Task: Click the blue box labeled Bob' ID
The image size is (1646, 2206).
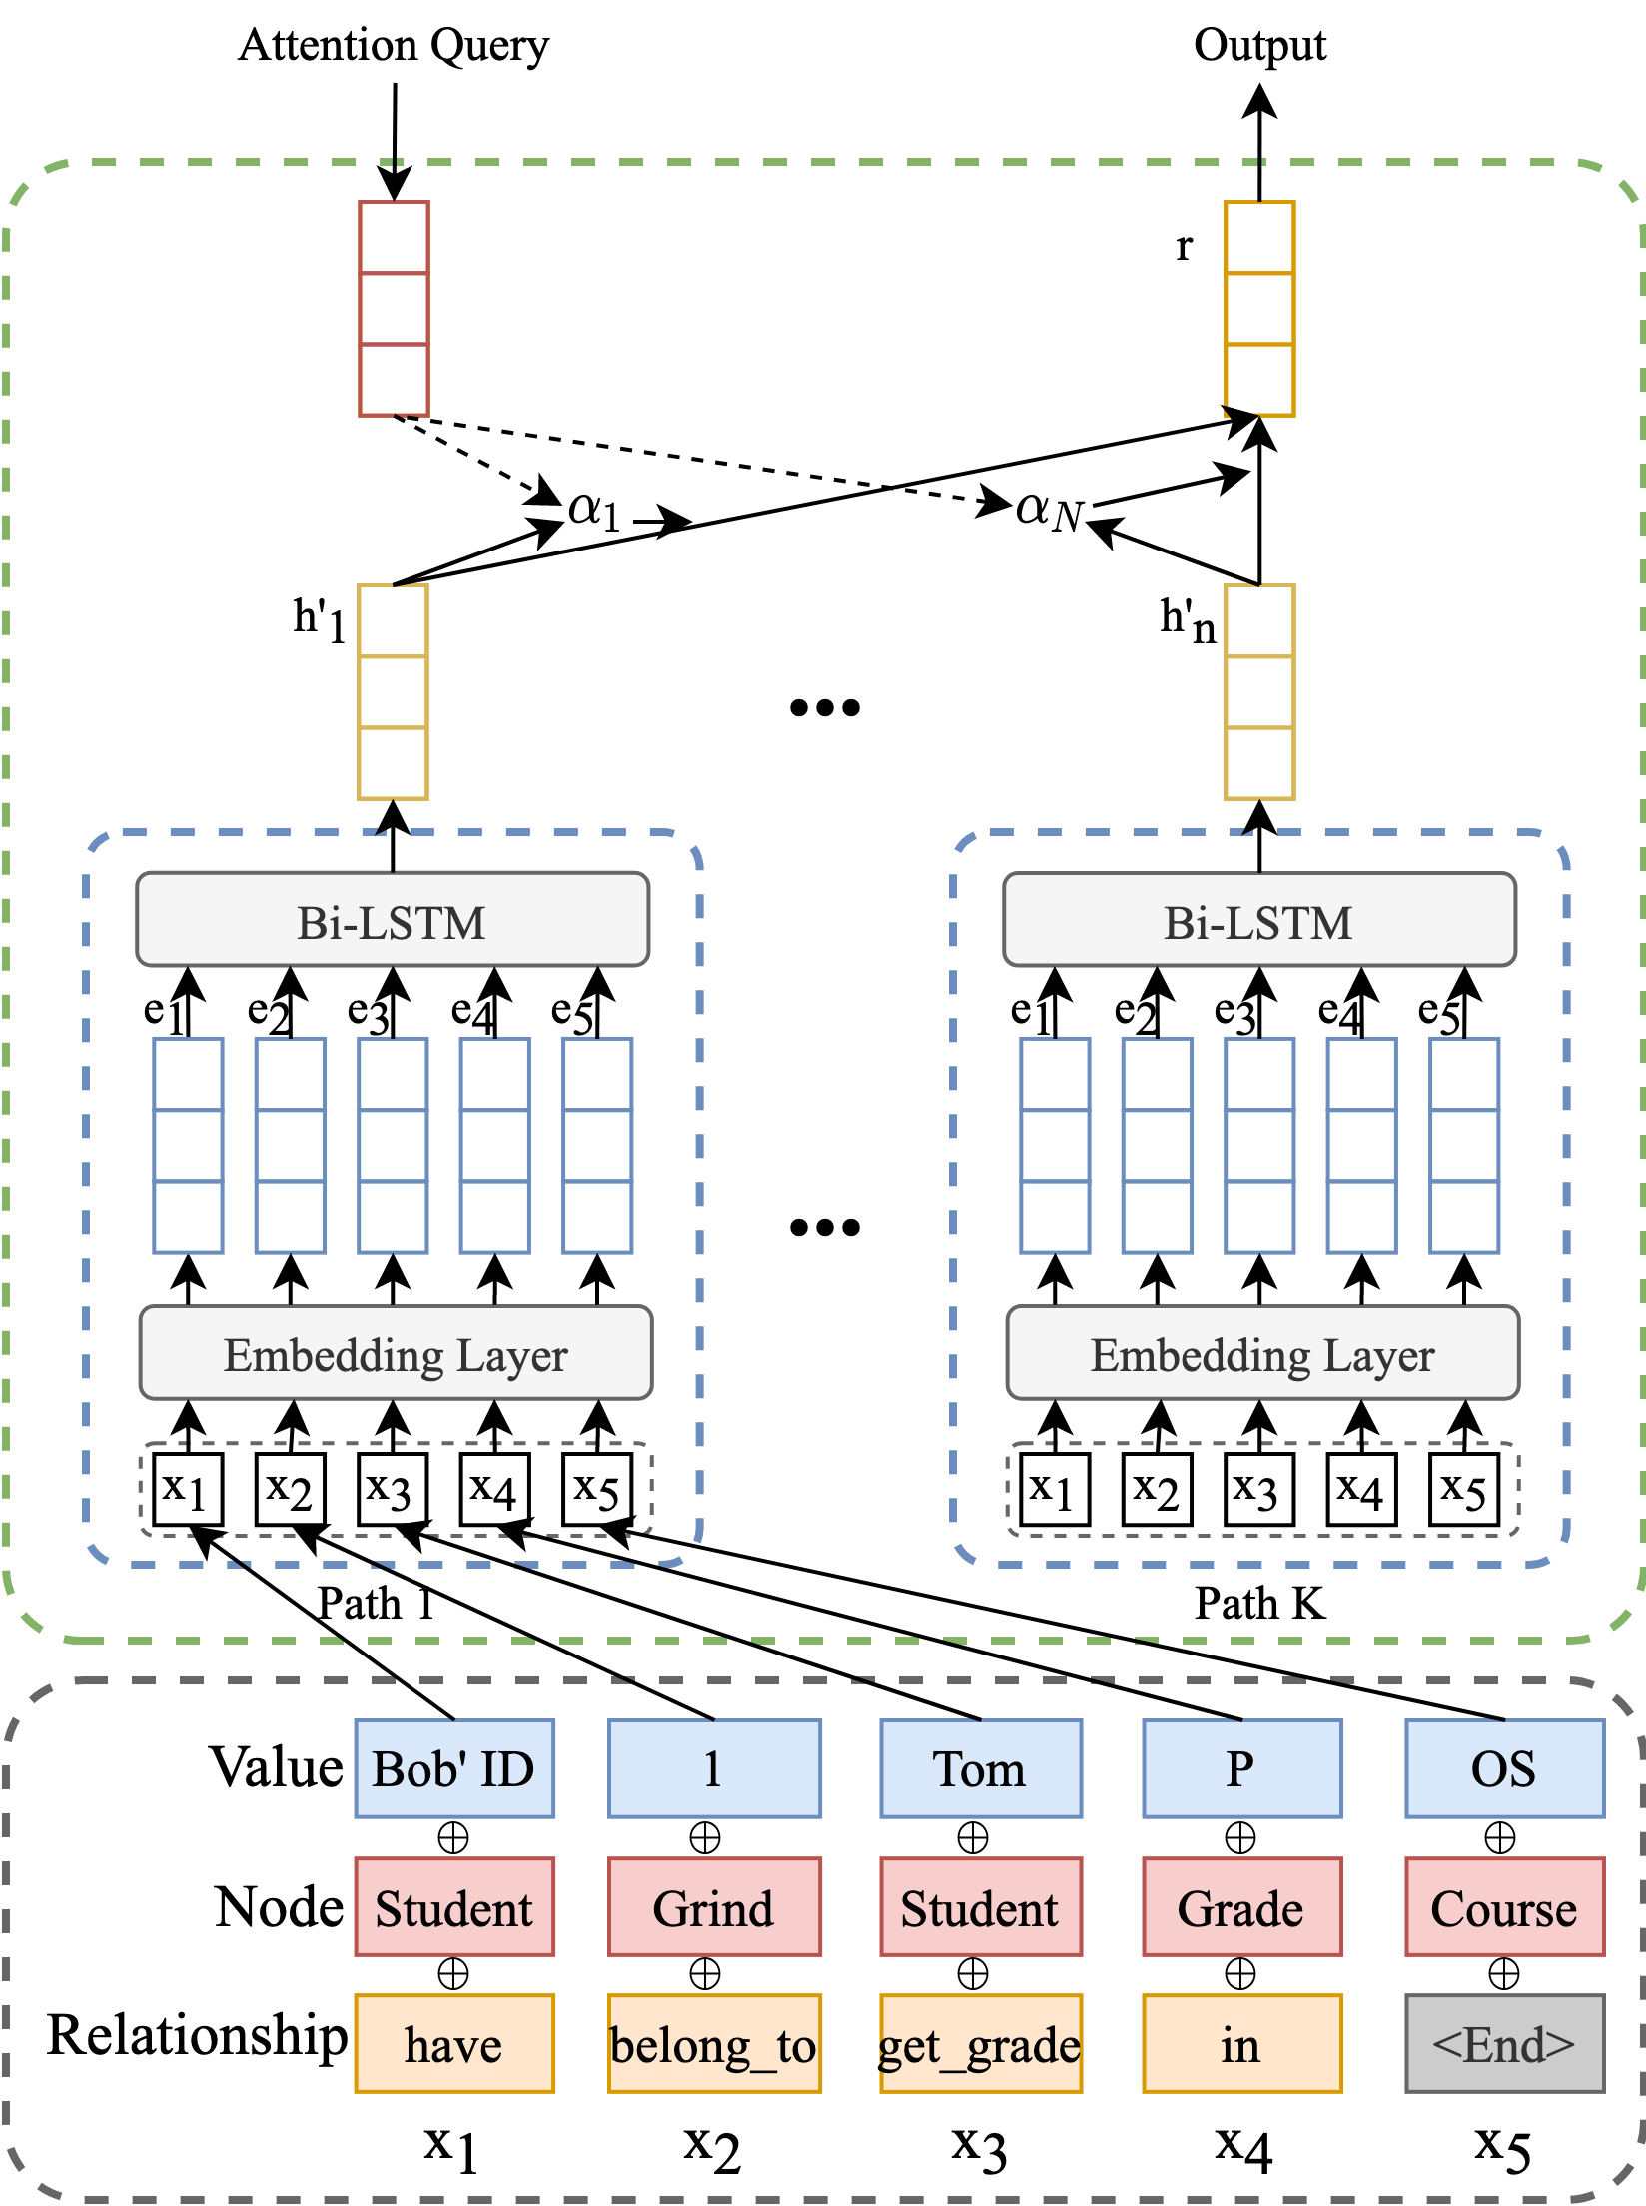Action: (x=454, y=1768)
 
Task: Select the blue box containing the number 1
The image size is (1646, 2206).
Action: (x=714, y=1768)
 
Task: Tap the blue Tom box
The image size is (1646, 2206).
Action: (x=980, y=1768)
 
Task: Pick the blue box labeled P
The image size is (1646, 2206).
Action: (x=1241, y=1768)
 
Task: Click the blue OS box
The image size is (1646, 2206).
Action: (x=1504, y=1768)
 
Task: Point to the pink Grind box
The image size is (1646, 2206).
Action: (x=714, y=1907)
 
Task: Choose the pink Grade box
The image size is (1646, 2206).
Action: (x=1241, y=1907)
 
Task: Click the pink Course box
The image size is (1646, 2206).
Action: (x=1504, y=1907)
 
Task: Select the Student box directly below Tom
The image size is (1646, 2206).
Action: (x=980, y=1907)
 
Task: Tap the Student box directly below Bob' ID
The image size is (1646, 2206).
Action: (x=454, y=1907)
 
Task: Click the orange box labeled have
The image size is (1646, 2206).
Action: (x=454, y=2044)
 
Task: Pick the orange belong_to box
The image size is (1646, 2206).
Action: (x=714, y=2044)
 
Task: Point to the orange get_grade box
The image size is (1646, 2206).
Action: (x=980, y=2044)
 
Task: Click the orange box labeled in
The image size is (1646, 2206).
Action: (x=1241, y=2044)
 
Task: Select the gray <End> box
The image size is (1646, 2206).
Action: (x=1504, y=2044)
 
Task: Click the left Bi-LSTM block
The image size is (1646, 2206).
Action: (x=393, y=920)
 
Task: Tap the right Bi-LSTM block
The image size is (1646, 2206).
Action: (x=1259, y=920)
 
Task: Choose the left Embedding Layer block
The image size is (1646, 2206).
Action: (x=396, y=1353)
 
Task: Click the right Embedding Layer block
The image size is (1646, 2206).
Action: (x=1262, y=1353)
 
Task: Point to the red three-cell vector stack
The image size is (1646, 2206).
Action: (x=394, y=308)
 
